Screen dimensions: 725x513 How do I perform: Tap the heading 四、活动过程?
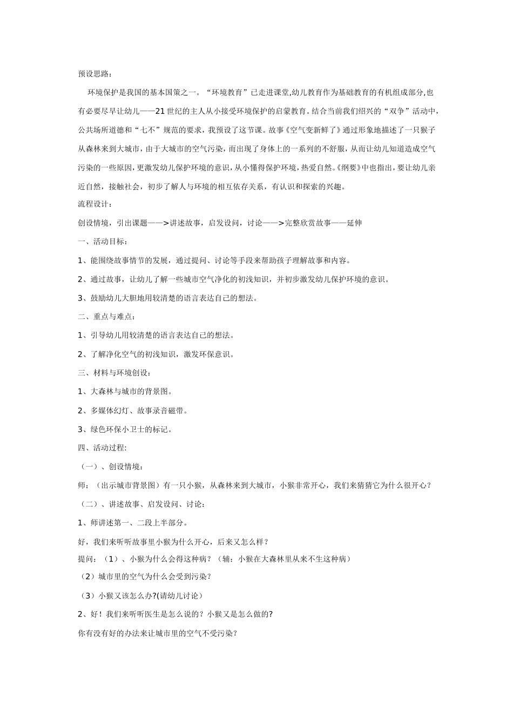coord(102,447)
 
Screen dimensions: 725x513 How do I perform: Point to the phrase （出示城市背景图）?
coord(126,485)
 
